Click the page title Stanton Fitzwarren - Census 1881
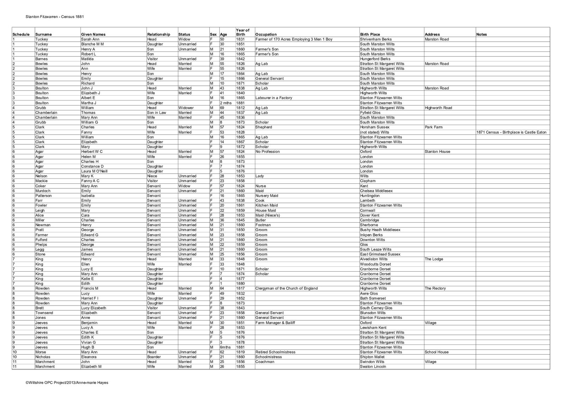(55, 16)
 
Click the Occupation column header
(266, 35)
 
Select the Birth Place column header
(370, 35)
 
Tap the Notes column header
(481, 35)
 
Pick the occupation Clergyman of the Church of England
(286, 289)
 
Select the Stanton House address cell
(438, 152)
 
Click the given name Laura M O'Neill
(94, 171)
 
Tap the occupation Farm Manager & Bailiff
(275, 323)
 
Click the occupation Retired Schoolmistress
(275, 352)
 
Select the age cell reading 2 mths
(225, 103)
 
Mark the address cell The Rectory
(435, 289)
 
